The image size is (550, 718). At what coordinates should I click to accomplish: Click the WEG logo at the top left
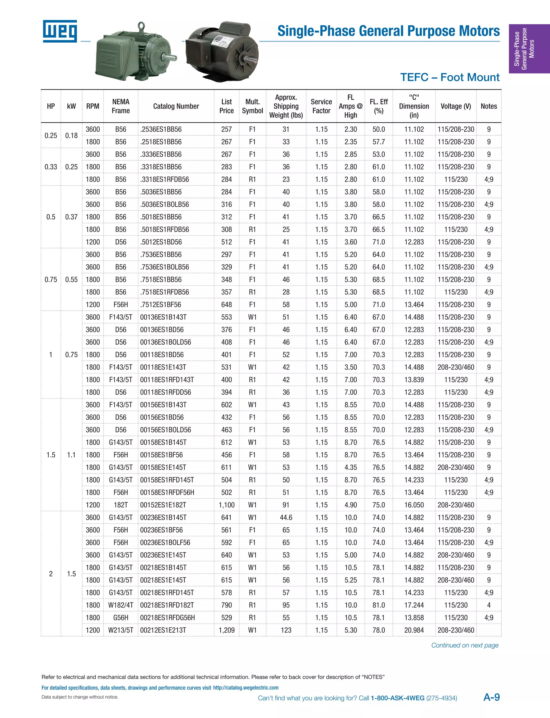pyautogui.click(x=60, y=31)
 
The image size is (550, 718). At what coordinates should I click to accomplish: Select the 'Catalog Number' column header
pyautogui.click(x=176, y=106)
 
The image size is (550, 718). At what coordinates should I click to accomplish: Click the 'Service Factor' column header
pyautogui.click(x=321, y=106)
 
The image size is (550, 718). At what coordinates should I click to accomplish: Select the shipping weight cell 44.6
pyautogui.click(x=286, y=517)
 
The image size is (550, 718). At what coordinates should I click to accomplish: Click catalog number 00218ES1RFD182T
pyautogui.click(x=167, y=605)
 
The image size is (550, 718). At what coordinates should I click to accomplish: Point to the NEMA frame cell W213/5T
pyautogui.click(x=121, y=630)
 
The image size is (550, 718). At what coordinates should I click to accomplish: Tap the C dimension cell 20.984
pyautogui.click(x=414, y=630)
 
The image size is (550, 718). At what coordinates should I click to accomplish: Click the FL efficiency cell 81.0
pyautogui.click(x=378, y=605)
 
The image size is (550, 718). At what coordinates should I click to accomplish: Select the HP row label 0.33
pyautogui.click(x=51, y=167)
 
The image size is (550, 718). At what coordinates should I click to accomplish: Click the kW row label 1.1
pyautogui.click(x=71, y=455)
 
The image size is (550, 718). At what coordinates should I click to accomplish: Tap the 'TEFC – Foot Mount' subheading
pyautogui.click(x=450, y=77)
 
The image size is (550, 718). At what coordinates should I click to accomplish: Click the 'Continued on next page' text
pyautogui.click(x=465, y=645)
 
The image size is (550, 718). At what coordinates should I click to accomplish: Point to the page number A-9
pyautogui.click(x=491, y=697)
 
